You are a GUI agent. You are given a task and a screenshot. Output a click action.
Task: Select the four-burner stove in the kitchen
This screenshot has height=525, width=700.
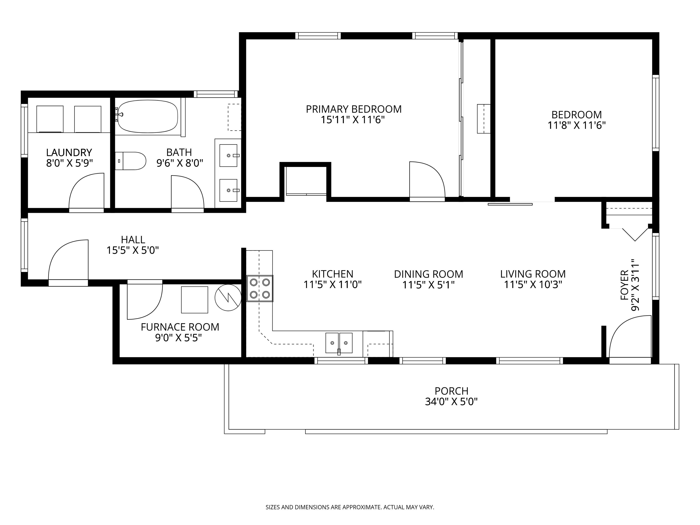coord(260,288)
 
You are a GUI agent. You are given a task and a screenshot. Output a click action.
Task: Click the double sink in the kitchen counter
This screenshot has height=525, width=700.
coord(339,343)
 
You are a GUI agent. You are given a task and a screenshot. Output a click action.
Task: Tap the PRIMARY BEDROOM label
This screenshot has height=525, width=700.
coord(353,109)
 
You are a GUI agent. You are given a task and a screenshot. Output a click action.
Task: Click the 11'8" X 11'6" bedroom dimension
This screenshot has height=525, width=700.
coord(577,125)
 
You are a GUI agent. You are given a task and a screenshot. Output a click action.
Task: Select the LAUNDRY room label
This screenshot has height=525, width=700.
coord(69,153)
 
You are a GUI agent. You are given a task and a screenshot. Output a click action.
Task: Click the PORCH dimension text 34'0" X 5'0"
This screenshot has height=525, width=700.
coord(451,402)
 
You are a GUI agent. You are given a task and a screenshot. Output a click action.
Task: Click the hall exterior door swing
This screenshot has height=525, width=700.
coord(68,260)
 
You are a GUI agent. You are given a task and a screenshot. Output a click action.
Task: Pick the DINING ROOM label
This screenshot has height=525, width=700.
coord(429,274)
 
